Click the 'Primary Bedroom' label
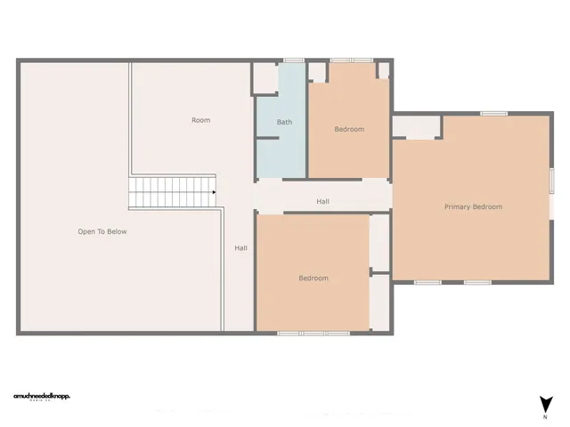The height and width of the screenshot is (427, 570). point(473,206)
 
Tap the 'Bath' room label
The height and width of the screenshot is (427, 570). point(284,122)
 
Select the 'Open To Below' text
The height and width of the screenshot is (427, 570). point(102,231)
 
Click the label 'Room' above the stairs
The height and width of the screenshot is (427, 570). point(200,119)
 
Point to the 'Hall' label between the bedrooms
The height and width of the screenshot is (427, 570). point(322,202)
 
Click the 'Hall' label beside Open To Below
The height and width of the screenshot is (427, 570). point(240,247)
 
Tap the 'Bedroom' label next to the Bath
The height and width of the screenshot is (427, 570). point(349,129)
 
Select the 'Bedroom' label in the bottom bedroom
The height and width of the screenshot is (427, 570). point(313,278)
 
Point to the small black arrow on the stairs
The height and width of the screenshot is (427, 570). point(214,190)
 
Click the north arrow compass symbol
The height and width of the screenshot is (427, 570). point(544,403)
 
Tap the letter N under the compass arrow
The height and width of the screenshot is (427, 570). point(544,416)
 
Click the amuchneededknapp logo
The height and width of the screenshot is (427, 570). point(41,397)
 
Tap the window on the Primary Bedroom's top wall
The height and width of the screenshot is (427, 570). point(493,113)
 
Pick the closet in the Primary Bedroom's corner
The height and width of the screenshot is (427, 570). point(417,126)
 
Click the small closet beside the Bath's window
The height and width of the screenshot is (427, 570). point(265,77)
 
